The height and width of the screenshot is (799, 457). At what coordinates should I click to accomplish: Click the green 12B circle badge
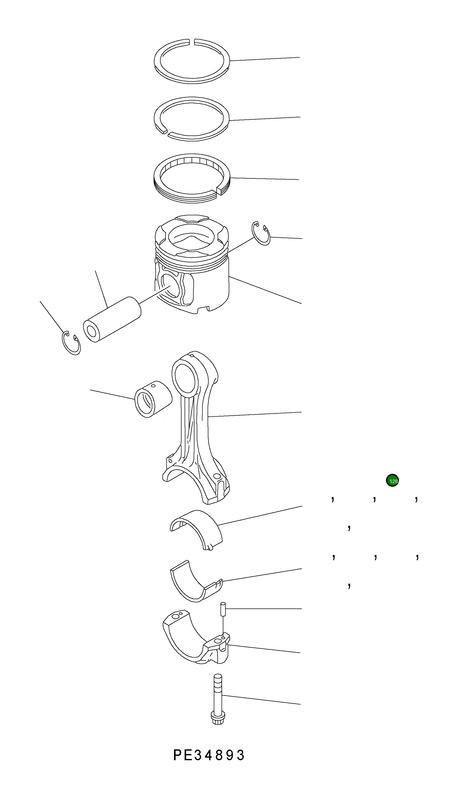392,480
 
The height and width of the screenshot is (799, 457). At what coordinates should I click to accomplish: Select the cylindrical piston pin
112,319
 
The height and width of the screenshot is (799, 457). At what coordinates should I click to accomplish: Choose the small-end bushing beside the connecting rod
153,399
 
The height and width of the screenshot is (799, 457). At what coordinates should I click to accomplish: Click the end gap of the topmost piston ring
192,41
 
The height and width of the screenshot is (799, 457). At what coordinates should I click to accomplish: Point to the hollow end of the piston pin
92,331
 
